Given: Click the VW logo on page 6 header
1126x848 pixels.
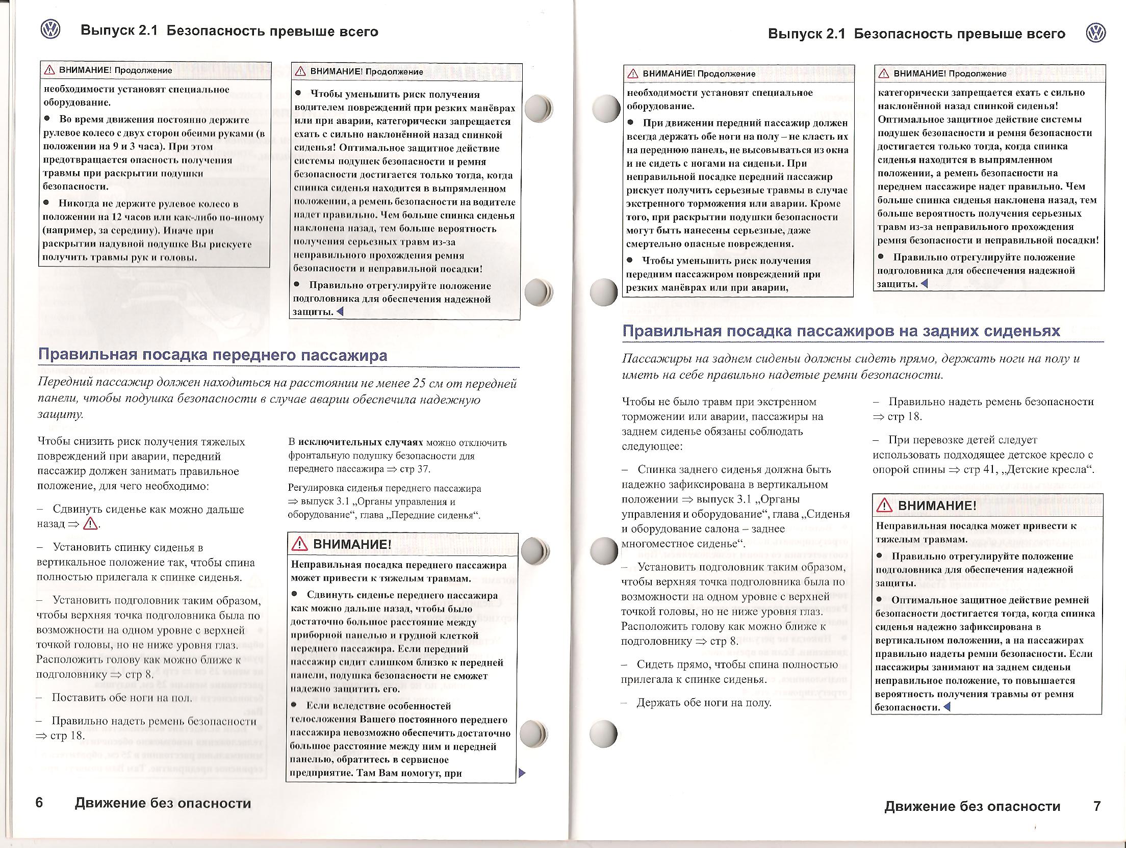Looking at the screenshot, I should [x=50, y=31].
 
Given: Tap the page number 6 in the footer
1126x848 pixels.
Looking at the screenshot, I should [x=40, y=803].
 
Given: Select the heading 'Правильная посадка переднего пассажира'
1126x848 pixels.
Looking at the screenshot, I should [x=213, y=355].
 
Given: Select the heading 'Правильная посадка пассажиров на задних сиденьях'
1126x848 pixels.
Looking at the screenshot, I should [x=841, y=331].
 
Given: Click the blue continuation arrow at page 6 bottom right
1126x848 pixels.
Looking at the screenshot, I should [x=521, y=773].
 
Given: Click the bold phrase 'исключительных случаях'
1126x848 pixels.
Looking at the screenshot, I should [x=361, y=442].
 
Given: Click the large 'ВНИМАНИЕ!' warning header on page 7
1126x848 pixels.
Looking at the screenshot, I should [x=937, y=506].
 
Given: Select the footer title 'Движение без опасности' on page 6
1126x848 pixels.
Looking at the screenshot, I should [x=163, y=803].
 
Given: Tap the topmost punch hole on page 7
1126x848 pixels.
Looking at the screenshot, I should [x=606, y=109].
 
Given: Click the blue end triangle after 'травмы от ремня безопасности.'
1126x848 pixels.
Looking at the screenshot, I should [x=947, y=707].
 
